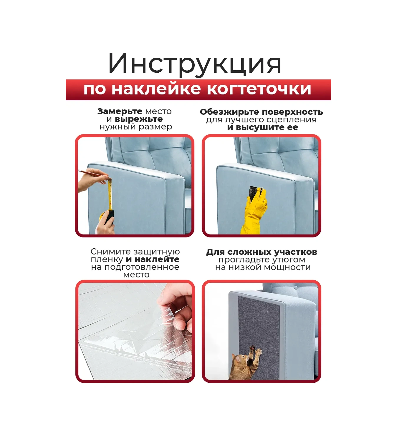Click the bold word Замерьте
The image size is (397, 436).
point(120,112)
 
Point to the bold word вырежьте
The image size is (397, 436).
point(139,119)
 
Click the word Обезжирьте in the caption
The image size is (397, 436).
point(229,112)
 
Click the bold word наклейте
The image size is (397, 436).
point(157,259)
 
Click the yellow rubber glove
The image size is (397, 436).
point(255,210)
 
